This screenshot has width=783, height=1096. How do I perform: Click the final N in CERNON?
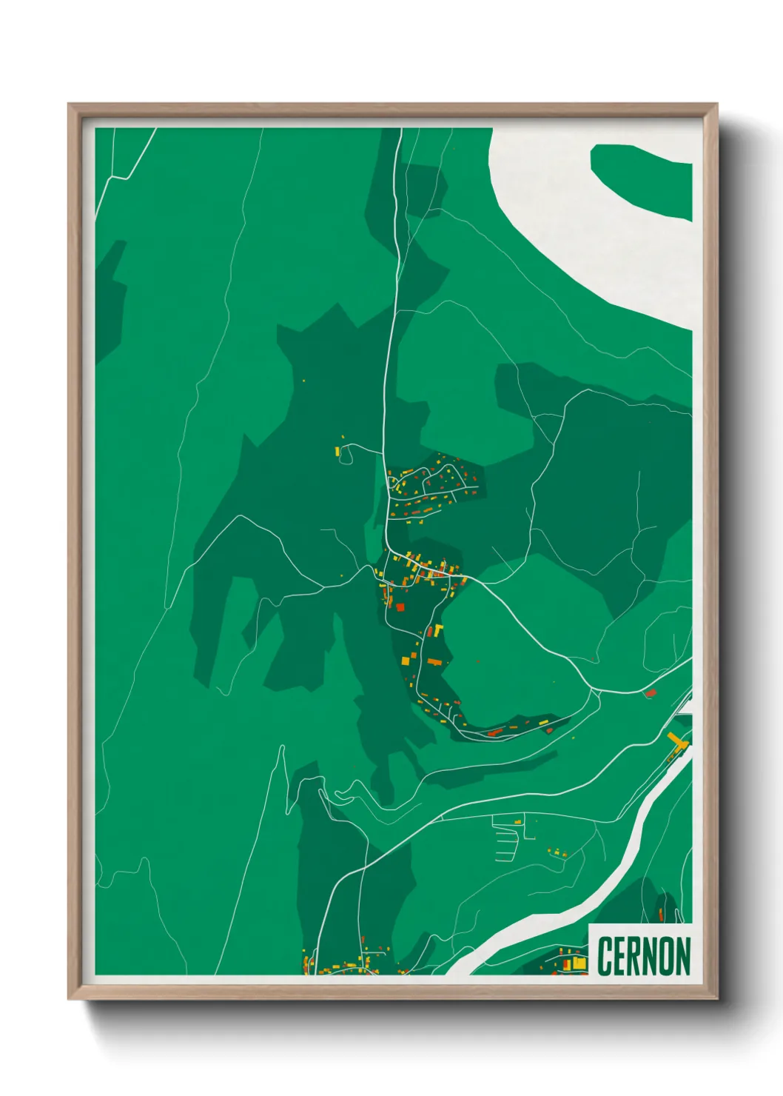pyautogui.click(x=683, y=956)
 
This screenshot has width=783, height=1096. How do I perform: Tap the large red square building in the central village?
pyautogui.click(x=400, y=607)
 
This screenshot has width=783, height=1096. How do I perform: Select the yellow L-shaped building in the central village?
pyautogui.click(x=437, y=631)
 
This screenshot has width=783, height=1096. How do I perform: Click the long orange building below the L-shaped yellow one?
pyautogui.click(x=434, y=661)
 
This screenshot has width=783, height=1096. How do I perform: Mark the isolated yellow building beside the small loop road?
pyautogui.click(x=337, y=451)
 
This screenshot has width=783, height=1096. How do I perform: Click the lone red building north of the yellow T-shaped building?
pyautogui.click(x=651, y=693)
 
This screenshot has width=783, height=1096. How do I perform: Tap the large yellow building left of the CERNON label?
pyautogui.click(x=579, y=963)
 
